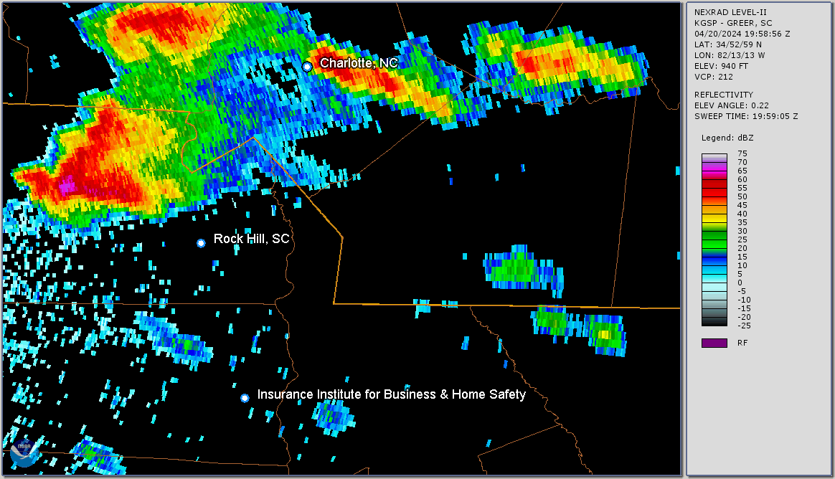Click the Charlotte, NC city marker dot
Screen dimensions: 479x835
click(307, 67)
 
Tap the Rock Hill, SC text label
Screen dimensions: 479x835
click(252, 239)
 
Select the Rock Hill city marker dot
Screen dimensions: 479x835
click(201, 243)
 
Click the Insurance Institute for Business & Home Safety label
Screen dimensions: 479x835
click(392, 394)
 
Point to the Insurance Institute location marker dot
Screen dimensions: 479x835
click(245, 397)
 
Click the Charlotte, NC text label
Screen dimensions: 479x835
click(359, 63)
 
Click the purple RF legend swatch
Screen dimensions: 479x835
click(714, 343)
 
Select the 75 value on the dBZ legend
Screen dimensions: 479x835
click(742, 153)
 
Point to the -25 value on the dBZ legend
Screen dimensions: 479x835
click(744, 326)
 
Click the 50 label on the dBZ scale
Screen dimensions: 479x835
click(742, 196)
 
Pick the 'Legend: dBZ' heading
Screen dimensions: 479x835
click(727, 138)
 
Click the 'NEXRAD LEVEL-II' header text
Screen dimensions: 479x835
click(728, 12)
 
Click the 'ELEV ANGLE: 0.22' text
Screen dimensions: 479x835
click(732, 105)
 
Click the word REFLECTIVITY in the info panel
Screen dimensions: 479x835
click(723, 95)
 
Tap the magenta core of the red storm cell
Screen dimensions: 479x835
click(67, 187)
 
